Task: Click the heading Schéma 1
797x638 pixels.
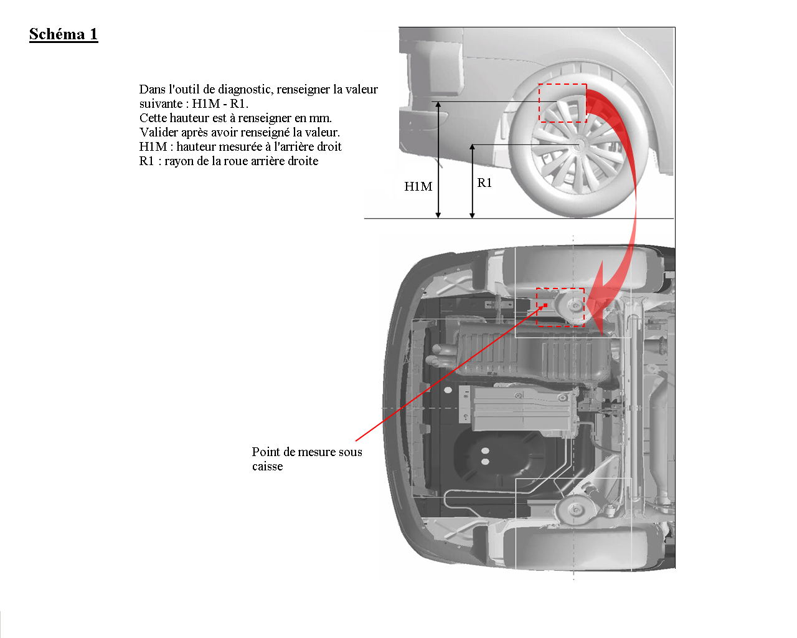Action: [x=64, y=34]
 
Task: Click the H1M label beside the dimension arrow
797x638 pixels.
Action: [x=418, y=186]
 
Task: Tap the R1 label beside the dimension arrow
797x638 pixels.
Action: [x=484, y=183]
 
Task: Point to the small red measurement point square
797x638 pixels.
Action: [x=545, y=305]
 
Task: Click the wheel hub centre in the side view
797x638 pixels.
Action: [x=578, y=144]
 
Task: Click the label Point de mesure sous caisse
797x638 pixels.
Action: [x=307, y=459]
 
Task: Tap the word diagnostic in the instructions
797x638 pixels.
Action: [x=243, y=89]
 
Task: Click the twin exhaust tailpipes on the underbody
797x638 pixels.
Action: [x=439, y=355]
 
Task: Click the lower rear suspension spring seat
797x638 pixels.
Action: [x=575, y=510]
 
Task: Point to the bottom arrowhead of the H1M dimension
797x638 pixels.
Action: [x=438, y=215]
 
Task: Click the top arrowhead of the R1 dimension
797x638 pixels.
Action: [x=472, y=147]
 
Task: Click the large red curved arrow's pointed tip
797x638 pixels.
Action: [x=602, y=335]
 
